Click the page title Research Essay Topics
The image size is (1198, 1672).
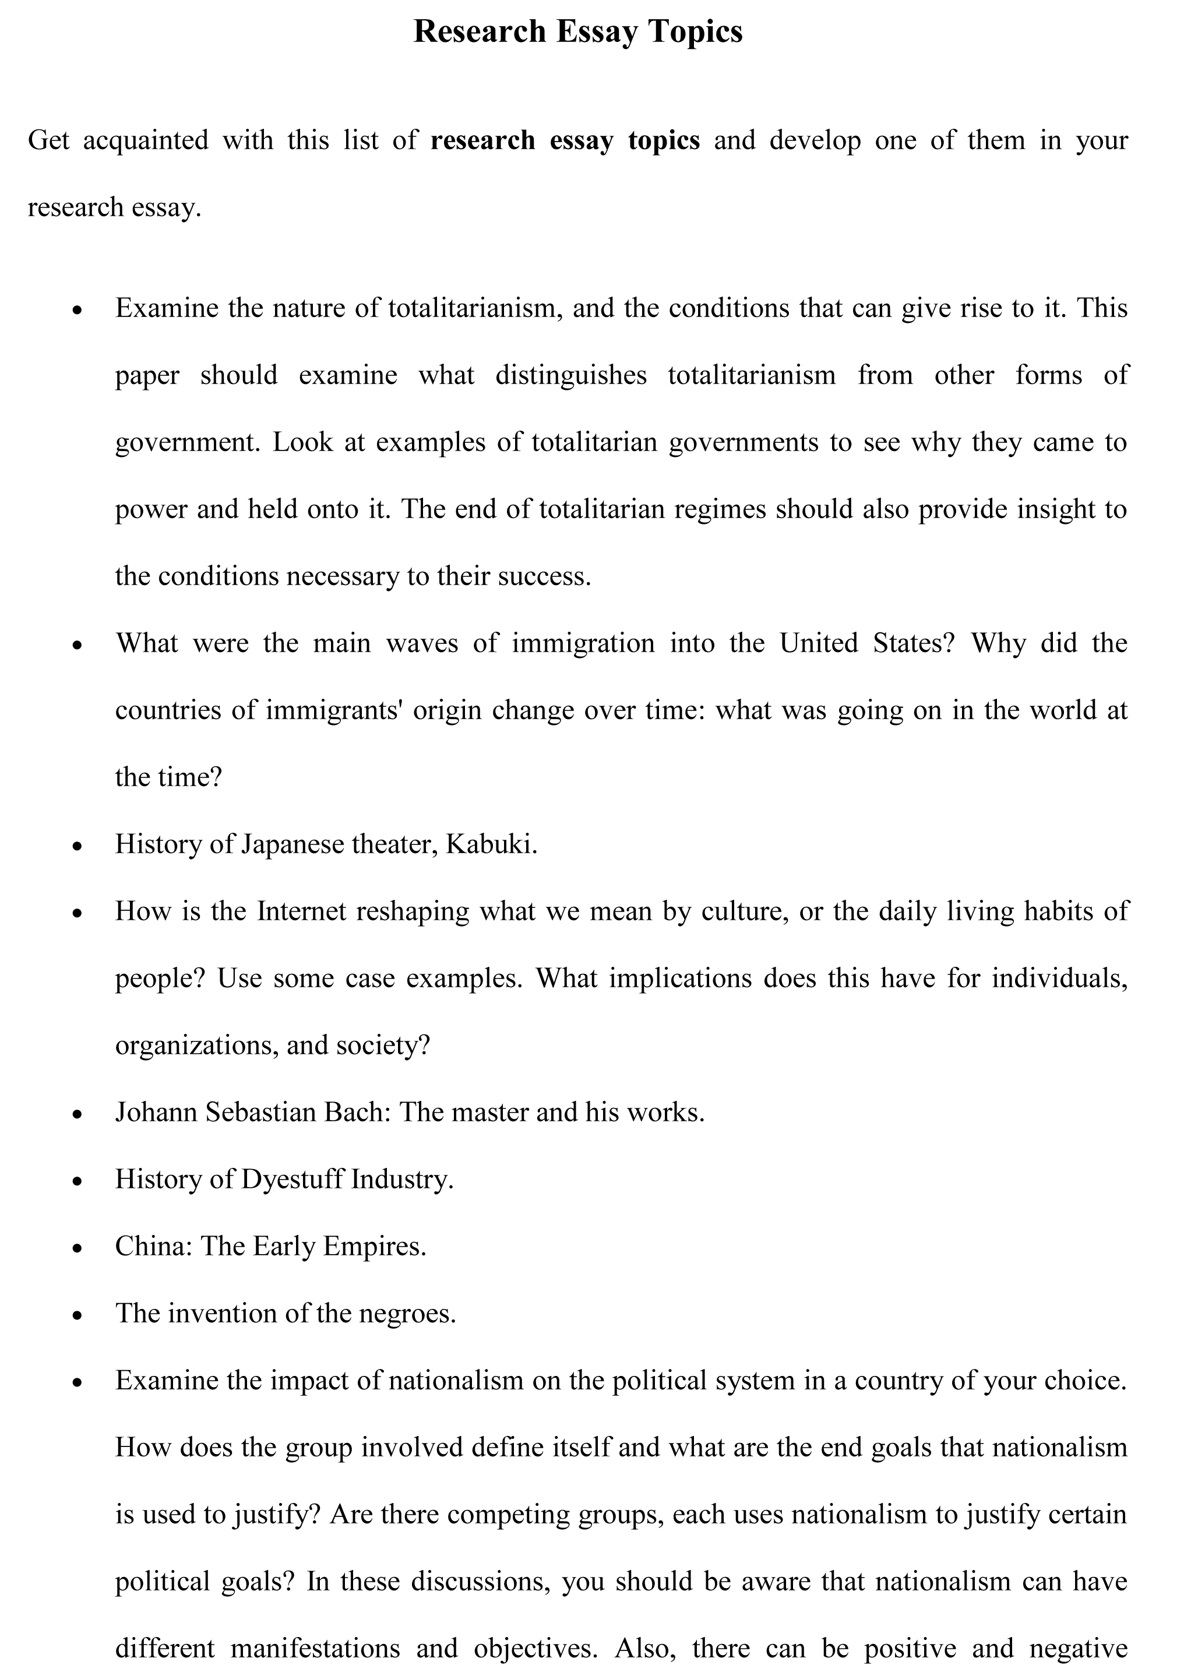click(x=577, y=31)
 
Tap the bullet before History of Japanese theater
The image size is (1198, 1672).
click(x=77, y=847)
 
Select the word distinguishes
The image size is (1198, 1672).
click(x=570, y=375)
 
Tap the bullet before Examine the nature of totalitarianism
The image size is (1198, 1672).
click(x=77, y=311)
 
